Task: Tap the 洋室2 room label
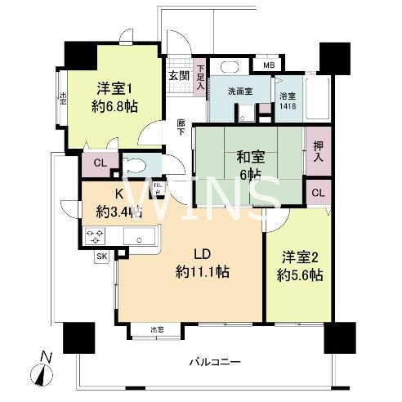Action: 298,257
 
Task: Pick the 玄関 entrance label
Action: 178,75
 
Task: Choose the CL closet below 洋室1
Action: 100,163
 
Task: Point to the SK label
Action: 102,257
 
